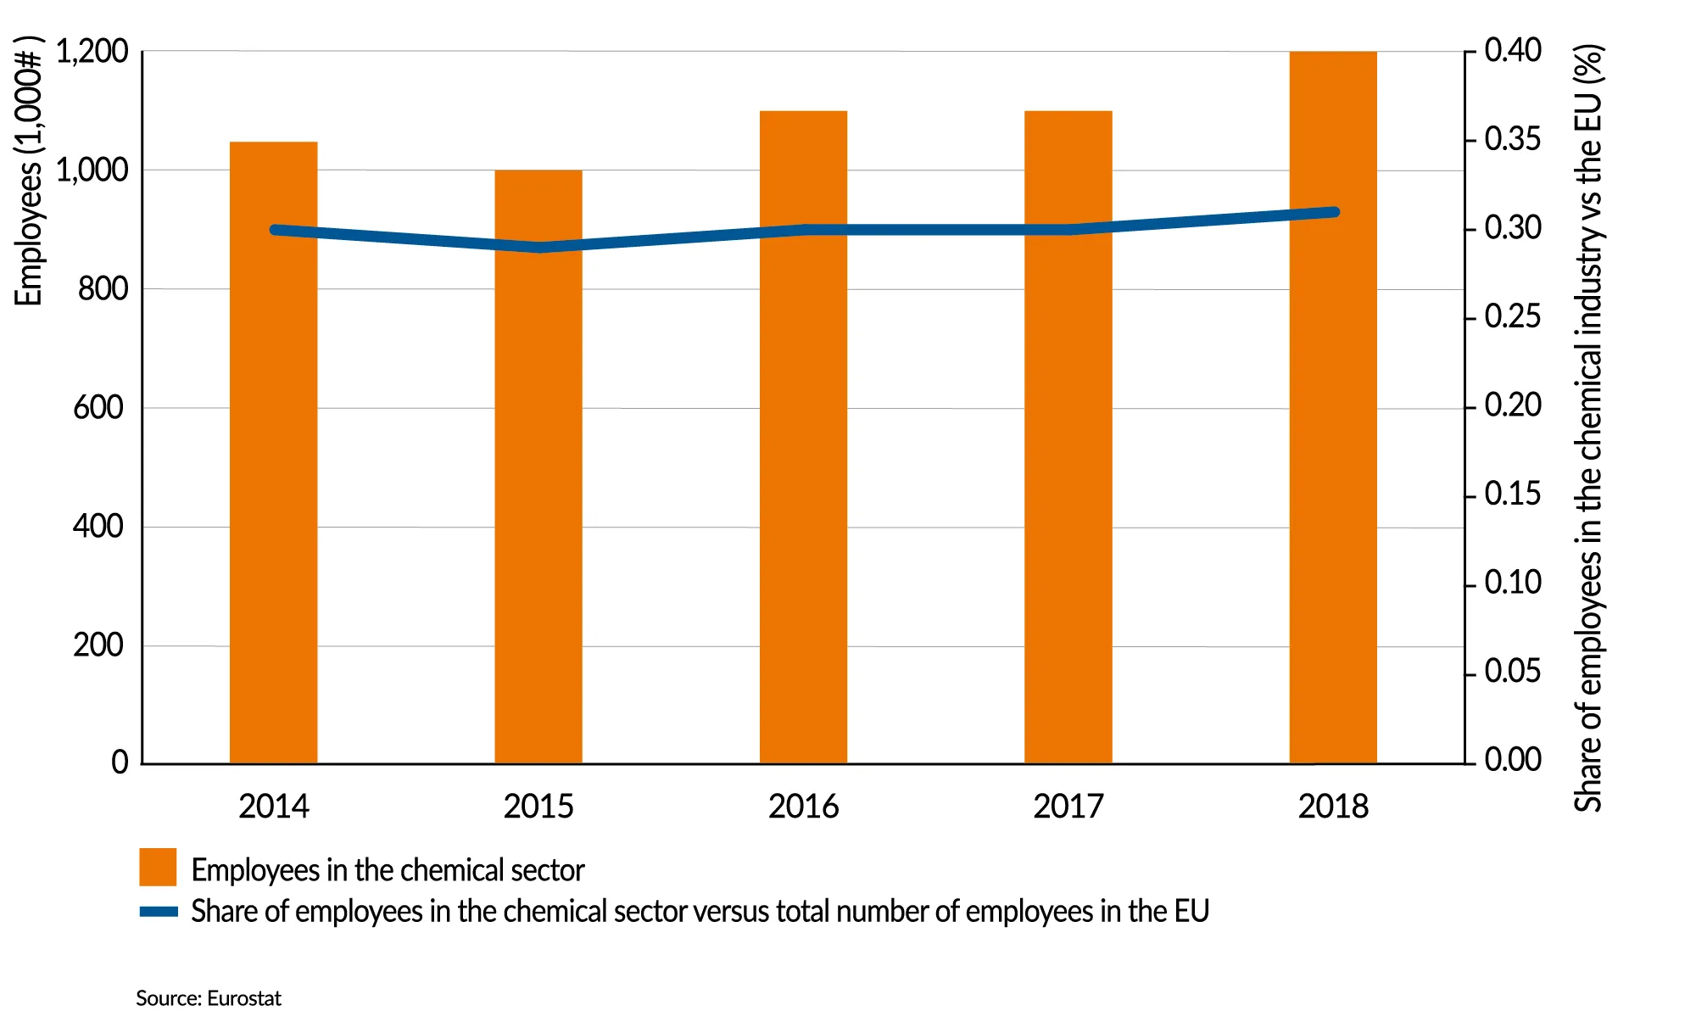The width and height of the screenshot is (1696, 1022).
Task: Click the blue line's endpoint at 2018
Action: coord(1334,212)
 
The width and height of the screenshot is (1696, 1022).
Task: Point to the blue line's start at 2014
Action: coord(275,230)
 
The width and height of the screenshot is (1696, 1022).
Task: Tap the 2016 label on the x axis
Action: coord(803,807)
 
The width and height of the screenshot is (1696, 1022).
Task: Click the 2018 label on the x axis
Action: coord(1333,807)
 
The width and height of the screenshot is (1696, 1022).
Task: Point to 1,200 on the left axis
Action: coord(92,53)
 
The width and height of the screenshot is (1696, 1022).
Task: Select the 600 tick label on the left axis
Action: coord(98,408)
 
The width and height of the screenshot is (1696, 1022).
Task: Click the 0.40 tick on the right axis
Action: coord(1513,51)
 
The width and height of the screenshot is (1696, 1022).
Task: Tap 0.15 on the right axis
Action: coord(1513,494)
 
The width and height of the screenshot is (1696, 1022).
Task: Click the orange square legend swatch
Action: coord(158,867)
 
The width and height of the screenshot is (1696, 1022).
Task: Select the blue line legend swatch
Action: coord(159,912)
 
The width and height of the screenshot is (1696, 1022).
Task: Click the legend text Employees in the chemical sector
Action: coord(388,870)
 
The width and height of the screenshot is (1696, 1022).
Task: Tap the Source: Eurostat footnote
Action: coord(208,998)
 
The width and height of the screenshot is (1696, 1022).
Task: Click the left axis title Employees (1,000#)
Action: coord(28,170)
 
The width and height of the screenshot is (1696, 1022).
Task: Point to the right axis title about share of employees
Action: coord(1588,428)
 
